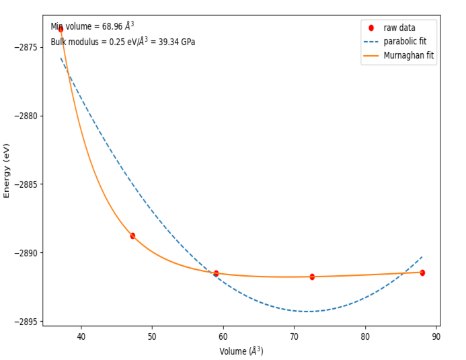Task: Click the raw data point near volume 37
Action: pyautogui.click(x=61, y=29)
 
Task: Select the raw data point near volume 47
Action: pyautogui.click(x=132, y=236)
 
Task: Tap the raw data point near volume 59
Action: pyautogui.click(x=216, y=273)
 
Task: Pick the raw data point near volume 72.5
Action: pyautogui.click(x=312, y=277)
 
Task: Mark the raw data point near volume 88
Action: pyautogui.click(x=422, y=273)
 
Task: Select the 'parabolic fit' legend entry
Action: pyautogui.click(x=405, y=42)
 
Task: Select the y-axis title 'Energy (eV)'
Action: pyautogui.click(x=7, y=170)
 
